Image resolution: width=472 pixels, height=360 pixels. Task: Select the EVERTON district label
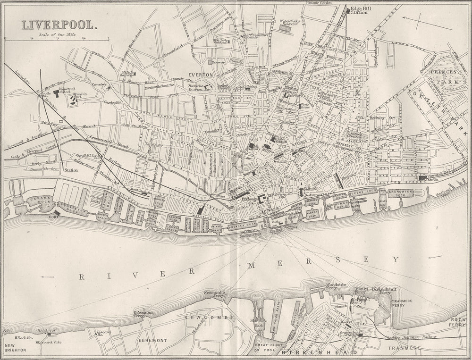click(x=201, y=75)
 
